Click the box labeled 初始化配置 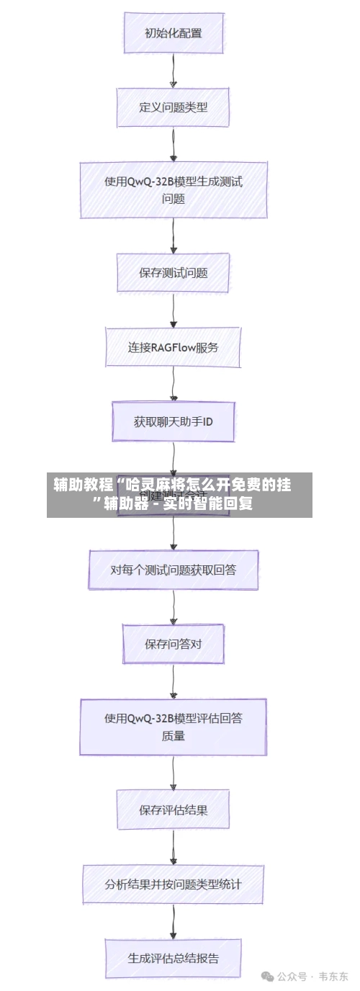tap(173, 33)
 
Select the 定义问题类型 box tap(173, 107)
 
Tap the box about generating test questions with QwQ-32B tap(173, 190)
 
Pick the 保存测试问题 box tap(173, 273)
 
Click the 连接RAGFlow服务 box tap(173, 347)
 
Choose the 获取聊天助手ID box tap(173, 422)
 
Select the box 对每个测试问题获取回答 tap(173, 570)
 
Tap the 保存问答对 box tap(173, 644)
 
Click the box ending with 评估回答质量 tap(173, 727)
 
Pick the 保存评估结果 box tap(173, 810)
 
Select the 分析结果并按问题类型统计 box tap(173, 884)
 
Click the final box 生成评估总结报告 tap(173, 959)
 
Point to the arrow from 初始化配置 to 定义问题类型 tap(173, 71)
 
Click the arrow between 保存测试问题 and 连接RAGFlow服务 tap(173, 310)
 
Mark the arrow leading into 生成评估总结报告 tap(173, 922)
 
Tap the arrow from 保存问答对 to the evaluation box tap(173, 681)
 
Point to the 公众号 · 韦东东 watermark tap(305, 977)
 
